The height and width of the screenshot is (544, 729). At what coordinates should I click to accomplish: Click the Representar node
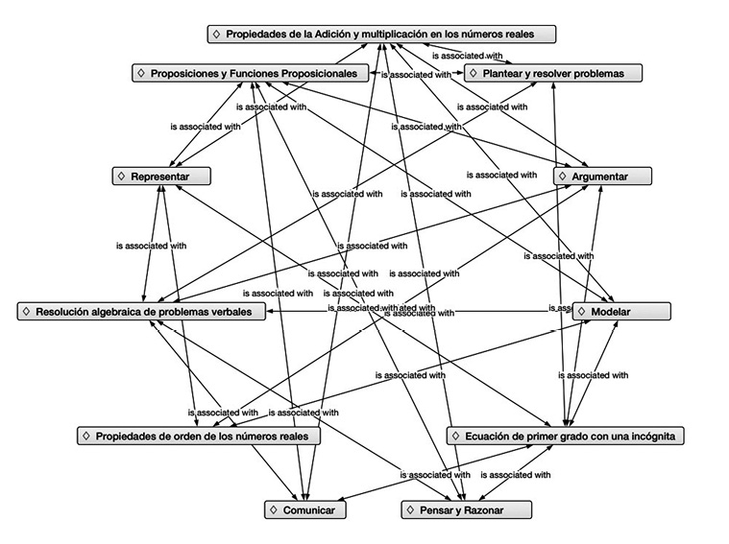160,177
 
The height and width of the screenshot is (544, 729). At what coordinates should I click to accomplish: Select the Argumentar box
603,177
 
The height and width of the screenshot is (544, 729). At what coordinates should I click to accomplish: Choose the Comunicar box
304,510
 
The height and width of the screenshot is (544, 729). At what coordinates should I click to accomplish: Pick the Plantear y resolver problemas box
553,73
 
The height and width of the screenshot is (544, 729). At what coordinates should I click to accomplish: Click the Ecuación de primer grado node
566,436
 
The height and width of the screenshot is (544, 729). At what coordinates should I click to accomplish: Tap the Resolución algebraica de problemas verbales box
141,312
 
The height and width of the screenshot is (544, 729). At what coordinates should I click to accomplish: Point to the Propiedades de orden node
198,436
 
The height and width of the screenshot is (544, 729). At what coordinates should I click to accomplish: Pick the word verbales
230,312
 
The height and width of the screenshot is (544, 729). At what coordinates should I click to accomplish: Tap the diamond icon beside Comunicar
273,510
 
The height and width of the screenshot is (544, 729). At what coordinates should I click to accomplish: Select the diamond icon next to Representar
121,177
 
